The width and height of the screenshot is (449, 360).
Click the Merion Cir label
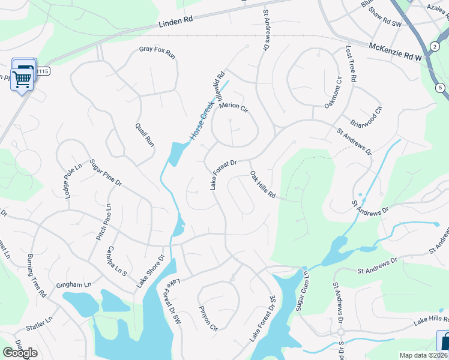point(234,107)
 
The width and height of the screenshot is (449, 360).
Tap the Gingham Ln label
point(74,284)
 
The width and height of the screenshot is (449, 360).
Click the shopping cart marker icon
point(22,77)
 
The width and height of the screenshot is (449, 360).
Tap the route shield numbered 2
point(434,46)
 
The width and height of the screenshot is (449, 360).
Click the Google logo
point(20,353)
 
